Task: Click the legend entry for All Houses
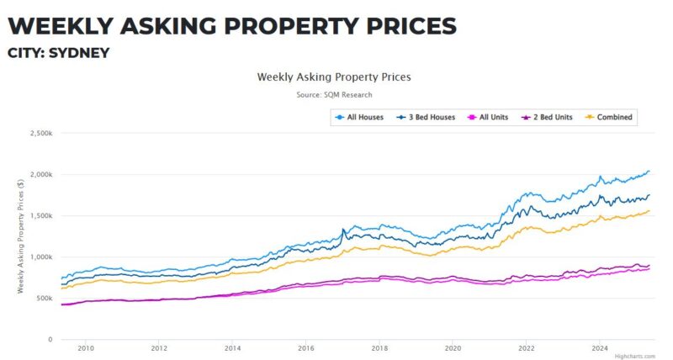(x=359, y=117)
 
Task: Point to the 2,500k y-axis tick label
(x=40, y=133)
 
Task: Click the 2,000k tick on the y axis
(x=40, y=174)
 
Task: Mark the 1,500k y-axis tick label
(x=40, y=215)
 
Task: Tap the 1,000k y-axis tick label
(x=40, y=257)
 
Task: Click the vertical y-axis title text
(x=20, y=236)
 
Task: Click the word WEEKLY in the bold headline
(x=60, y=25)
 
